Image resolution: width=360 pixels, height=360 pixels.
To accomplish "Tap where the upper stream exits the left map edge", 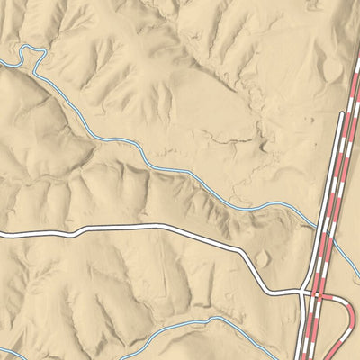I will point(2,63).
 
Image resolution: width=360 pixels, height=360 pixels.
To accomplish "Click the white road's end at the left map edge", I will point(2,235).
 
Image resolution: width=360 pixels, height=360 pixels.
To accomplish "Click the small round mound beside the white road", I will point(261,259).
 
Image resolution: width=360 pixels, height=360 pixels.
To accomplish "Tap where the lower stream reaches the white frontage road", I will point(300,335).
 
